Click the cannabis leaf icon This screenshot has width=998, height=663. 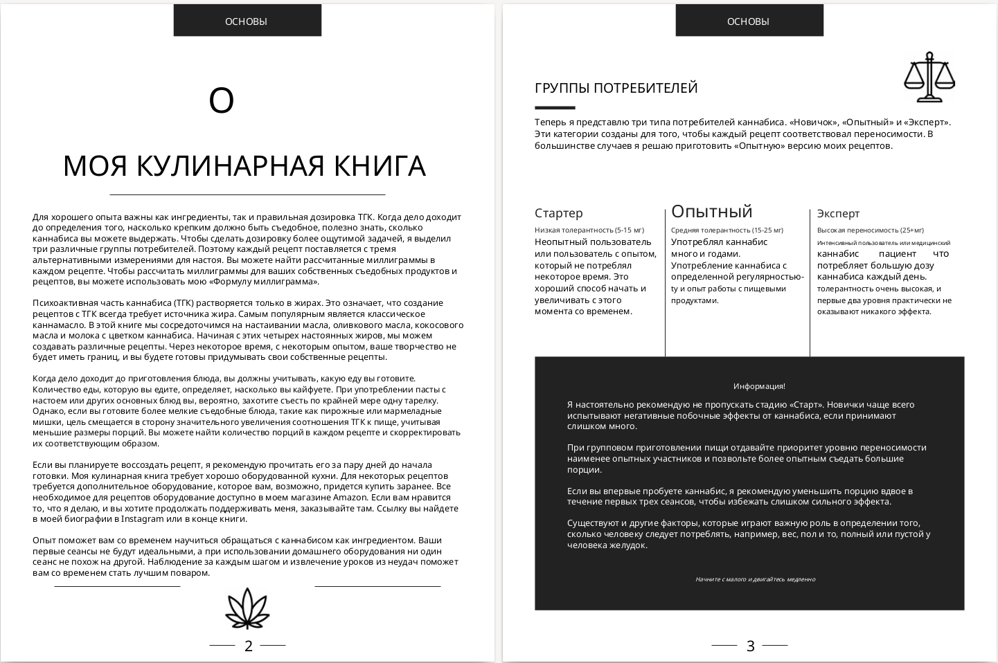click(247, 608)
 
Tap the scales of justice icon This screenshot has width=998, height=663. click(929, 78)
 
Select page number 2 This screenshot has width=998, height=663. click(249, 646)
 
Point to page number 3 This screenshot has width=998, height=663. click(750, 646)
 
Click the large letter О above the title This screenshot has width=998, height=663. click(222, 101)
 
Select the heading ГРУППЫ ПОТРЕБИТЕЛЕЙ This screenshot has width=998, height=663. click(616, 88)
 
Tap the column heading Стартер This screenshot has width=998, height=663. click(558, 213)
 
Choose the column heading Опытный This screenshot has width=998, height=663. click(711, 211)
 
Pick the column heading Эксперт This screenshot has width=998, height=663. click(838, 213)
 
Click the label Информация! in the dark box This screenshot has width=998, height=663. click(759, 386)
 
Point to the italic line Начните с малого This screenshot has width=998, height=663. click(755, 579)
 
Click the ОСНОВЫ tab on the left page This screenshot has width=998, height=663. click(247, 21)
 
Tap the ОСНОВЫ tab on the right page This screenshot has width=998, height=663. click(749, 21)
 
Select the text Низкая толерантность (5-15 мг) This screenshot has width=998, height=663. click(589, 230)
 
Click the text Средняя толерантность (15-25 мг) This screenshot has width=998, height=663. click(727, 230)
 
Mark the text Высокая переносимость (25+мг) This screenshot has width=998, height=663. click(870, 230)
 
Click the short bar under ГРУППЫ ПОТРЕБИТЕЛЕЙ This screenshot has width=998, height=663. click(555, 108)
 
